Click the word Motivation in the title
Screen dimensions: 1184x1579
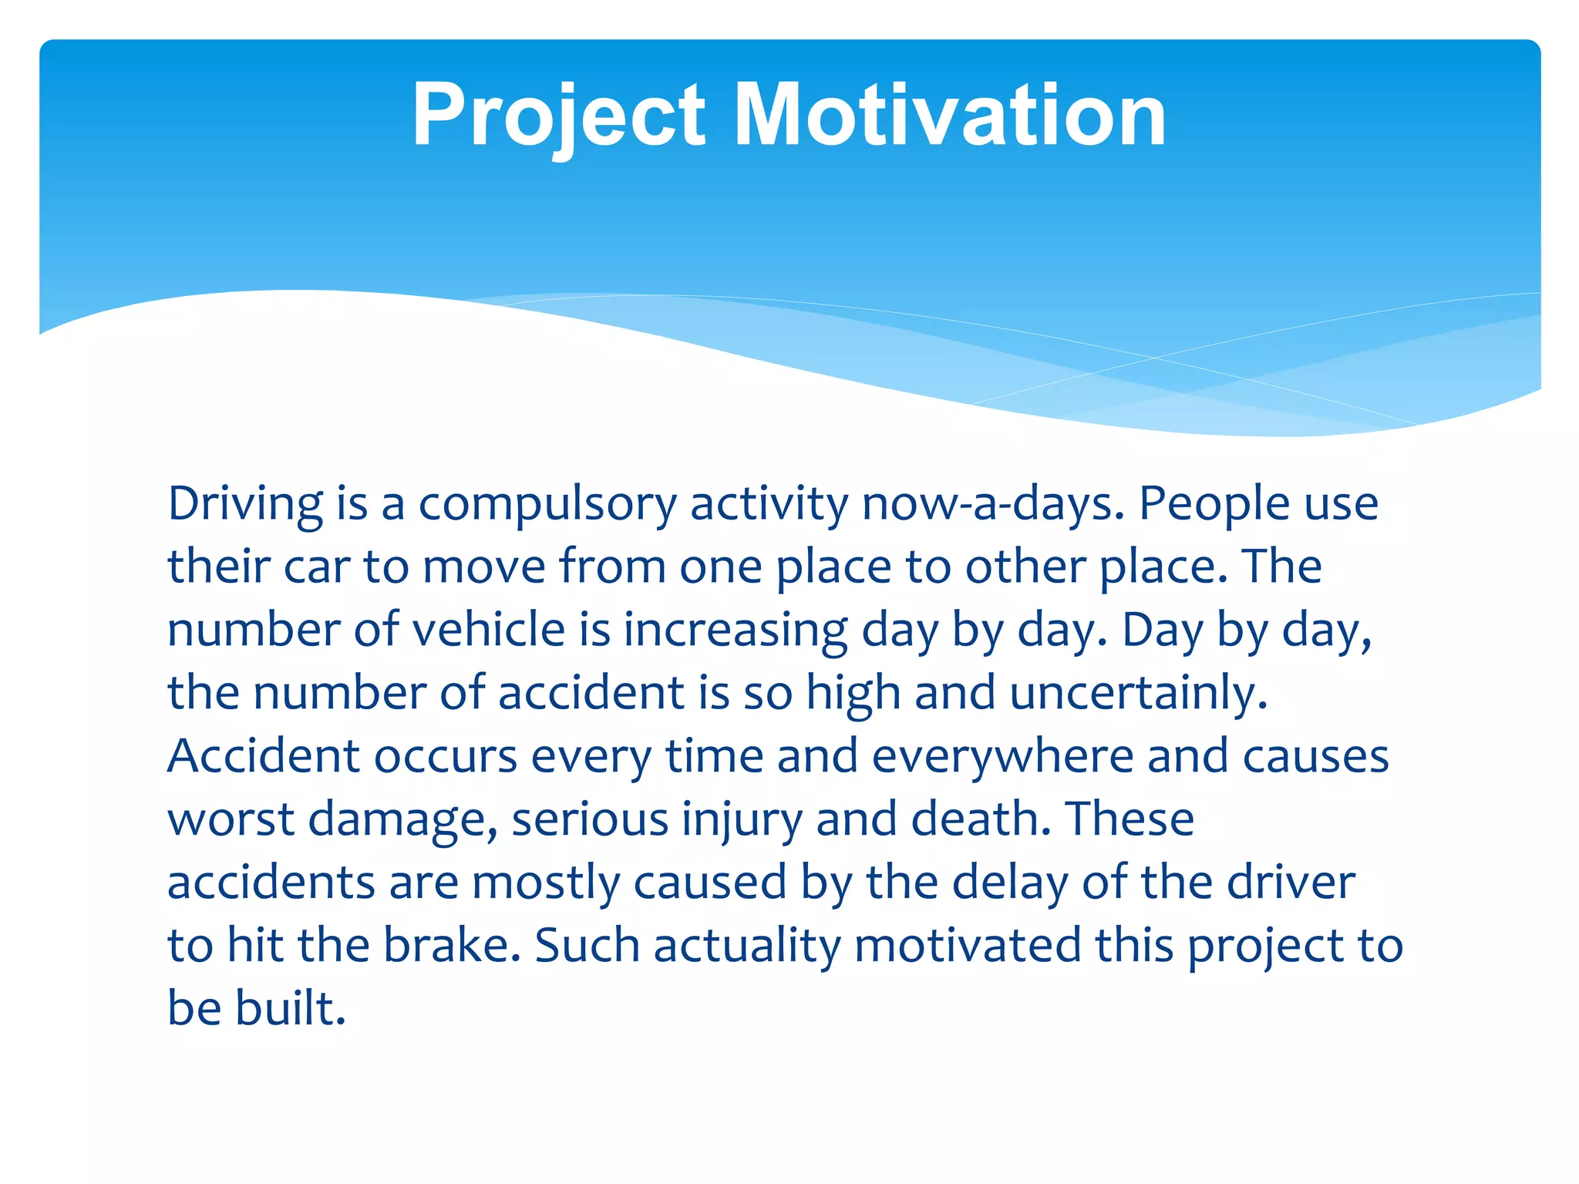pyautogui.click(x=950, y=116)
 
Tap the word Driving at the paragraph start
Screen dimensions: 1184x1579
pyautogui.click(x=244, y=505)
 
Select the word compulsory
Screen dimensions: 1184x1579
pyautogui.click(x=547, y=505)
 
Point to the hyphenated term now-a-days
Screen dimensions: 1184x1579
pyautogui.click(x=993, y=505)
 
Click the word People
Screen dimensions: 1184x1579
pyautogui.click(x=1214, y=505)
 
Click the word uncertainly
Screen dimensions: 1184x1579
pyautogui.click(x=1138, y=693)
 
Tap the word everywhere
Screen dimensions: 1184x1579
pyautogui.click(x=1002, y=756)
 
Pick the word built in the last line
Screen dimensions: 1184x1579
pyautogui.click(x=290, y=1008)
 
